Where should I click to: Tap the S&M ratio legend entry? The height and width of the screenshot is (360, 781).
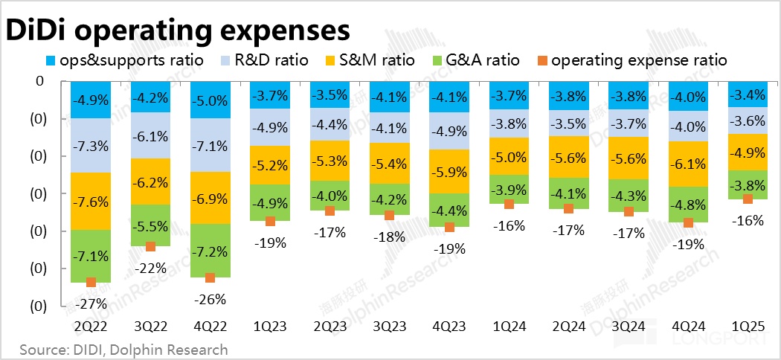377,60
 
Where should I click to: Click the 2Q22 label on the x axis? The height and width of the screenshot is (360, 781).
90,326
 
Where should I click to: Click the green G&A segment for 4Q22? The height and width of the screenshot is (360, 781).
210,250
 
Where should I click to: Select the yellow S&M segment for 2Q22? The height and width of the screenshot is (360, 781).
90,201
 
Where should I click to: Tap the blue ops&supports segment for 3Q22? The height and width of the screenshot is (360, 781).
150,97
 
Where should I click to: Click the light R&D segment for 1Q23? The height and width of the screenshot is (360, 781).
270,126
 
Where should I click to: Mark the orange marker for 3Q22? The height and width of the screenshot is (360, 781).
150,246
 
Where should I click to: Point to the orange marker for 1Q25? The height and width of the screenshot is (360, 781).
748,199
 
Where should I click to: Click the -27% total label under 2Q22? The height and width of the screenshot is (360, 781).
91,303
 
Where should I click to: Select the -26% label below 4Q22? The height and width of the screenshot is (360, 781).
210,299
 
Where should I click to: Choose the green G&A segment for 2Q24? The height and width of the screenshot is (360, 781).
569,193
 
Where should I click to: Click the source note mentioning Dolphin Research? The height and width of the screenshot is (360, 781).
123,349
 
